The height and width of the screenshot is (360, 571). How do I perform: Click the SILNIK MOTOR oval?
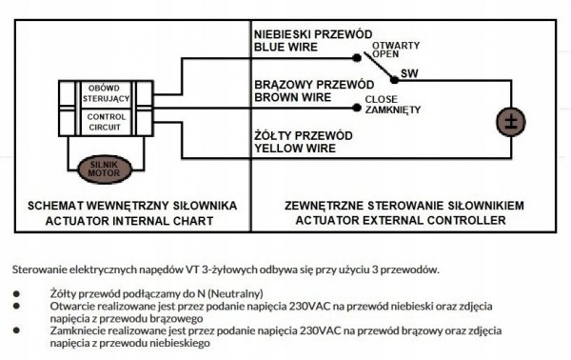[x=104, y=169]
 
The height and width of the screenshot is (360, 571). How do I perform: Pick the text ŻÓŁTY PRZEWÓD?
[x=307, y=135]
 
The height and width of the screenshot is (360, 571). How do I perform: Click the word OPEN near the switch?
[x=385, y=54]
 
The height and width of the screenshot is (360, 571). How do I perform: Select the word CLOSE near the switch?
[x=381, y=98]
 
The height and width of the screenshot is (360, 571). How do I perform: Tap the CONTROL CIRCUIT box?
[x=103, y=121]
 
